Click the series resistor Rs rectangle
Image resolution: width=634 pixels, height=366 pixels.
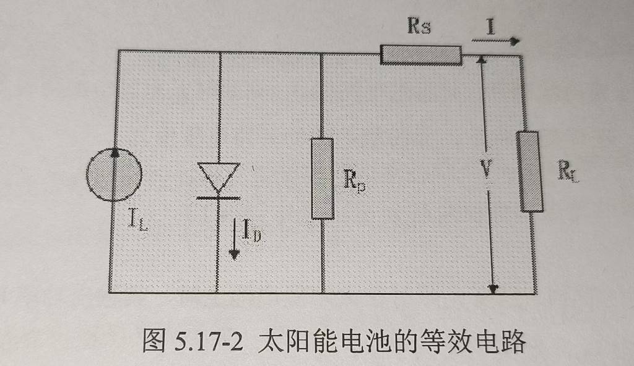coord(421,56)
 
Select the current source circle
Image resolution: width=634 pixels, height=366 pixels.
coord(114,174)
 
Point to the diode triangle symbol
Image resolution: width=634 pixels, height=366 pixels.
coord(219,177)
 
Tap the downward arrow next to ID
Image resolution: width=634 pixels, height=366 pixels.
coord(234,239)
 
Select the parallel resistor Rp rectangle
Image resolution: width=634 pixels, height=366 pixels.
coord(323,179)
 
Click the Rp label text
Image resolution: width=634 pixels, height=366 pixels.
coord(354,180)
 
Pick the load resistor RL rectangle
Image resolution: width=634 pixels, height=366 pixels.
coord(530,171)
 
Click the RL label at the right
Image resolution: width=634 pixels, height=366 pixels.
coord(568,171)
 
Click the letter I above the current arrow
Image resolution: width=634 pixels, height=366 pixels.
coord(491,27)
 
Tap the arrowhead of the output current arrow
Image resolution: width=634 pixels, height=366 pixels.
coord(515,41)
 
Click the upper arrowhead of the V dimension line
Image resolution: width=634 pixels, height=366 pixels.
coord(480,59)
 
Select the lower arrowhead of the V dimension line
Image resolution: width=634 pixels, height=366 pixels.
coord(493,289)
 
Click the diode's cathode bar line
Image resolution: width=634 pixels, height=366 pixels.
coord(219,198)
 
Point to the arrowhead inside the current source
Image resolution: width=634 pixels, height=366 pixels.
coord(115,152)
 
